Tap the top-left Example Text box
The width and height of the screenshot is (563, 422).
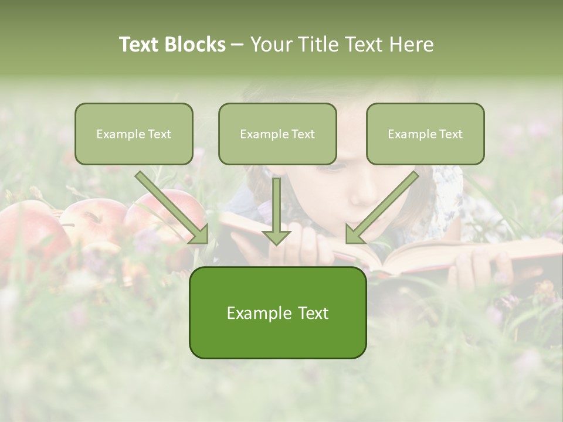[134, 134]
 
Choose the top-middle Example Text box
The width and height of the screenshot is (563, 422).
[277, 134]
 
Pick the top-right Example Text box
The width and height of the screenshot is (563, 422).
[425, 134]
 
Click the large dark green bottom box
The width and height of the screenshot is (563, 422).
[277, 312]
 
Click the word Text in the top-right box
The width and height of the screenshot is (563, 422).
[451, 134]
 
